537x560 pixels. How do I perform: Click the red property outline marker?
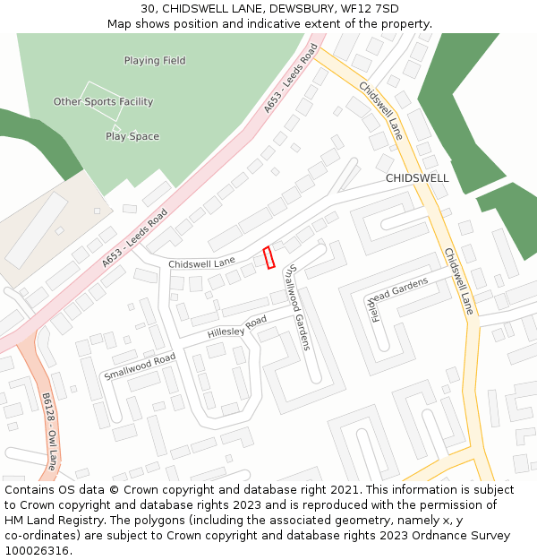268,257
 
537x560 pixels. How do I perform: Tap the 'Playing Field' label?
155,61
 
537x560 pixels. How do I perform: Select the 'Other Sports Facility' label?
103,102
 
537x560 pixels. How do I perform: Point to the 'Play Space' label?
132,136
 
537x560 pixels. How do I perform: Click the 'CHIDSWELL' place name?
417,178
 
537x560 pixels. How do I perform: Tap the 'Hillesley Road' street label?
237,327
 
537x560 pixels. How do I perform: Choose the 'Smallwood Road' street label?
139,366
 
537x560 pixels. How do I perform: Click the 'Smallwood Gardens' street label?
296,307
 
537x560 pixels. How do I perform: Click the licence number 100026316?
37,550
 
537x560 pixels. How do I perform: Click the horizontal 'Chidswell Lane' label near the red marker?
201,263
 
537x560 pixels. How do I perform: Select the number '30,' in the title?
149,8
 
